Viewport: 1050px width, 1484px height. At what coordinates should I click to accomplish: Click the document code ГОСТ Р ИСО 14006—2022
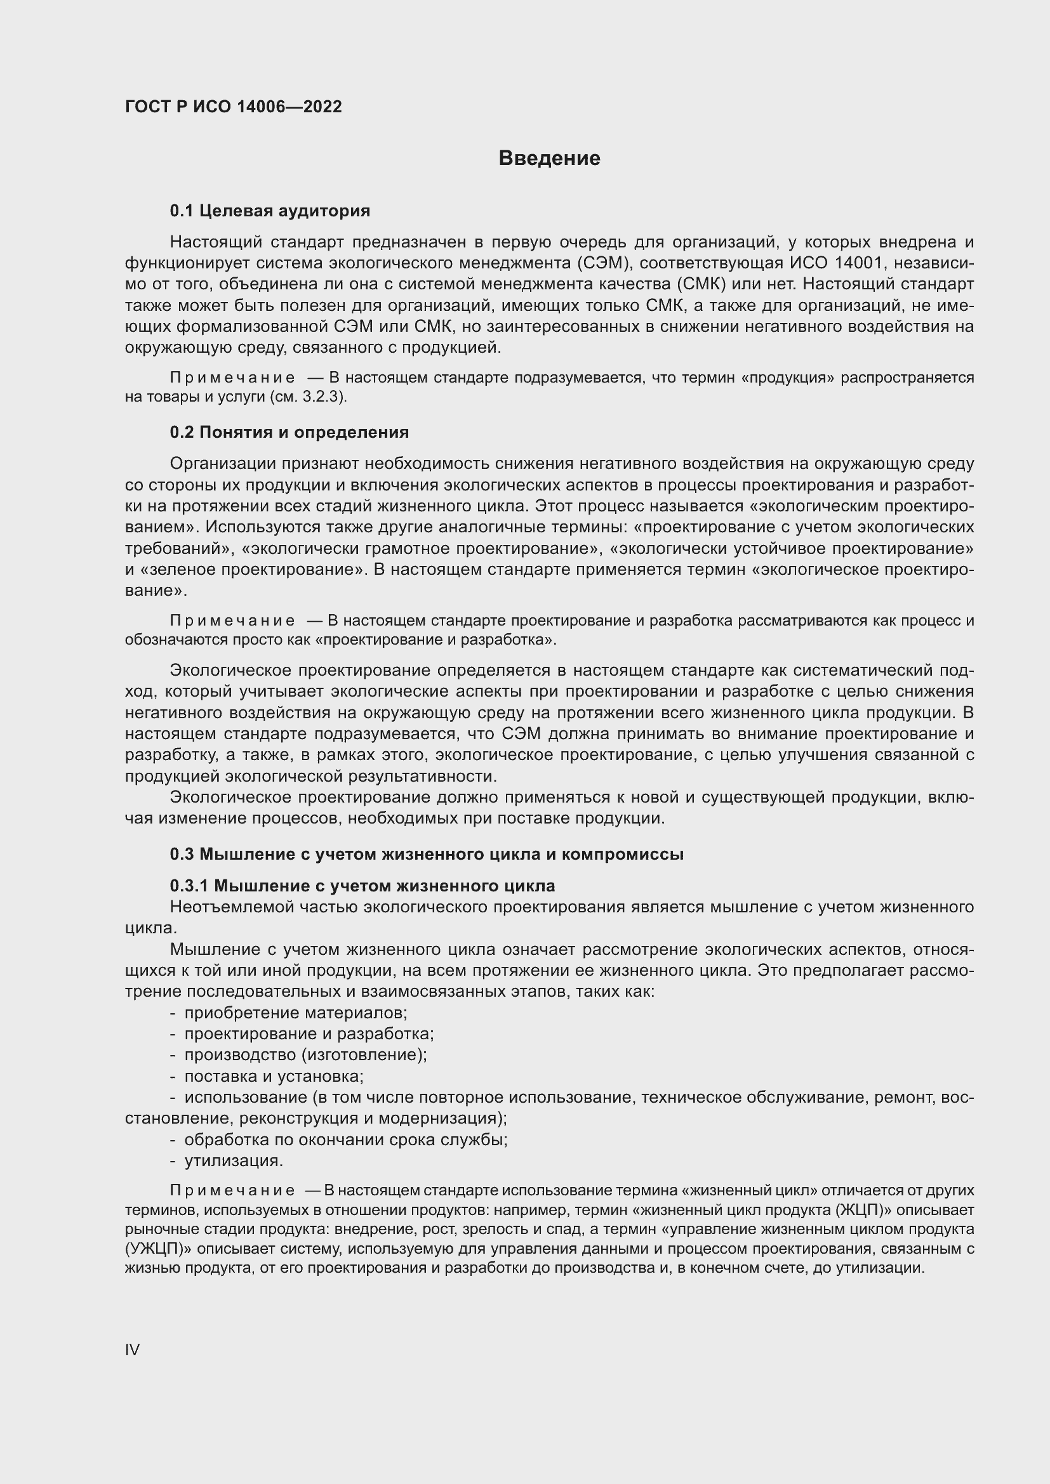tap(234, 107)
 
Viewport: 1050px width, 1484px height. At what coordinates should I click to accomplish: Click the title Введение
tap(549, 159)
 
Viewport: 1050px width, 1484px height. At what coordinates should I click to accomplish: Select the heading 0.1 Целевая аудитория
tap(270, 211)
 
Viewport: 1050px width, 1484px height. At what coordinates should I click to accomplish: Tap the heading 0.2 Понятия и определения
tap(289, 432)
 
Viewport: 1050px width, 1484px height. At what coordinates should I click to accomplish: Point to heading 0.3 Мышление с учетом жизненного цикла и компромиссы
tap(427, 854)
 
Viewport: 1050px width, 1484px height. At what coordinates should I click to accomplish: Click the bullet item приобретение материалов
tap(295, 1013)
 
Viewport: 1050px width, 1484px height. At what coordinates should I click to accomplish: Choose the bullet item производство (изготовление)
tap(305, 1055)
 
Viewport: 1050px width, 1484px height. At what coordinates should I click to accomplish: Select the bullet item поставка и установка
tap(274, 1076)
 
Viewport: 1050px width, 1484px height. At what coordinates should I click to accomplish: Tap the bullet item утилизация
tap(234, 1161)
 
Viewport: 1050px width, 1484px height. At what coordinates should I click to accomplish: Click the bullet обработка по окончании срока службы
tap(345, 1139)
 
